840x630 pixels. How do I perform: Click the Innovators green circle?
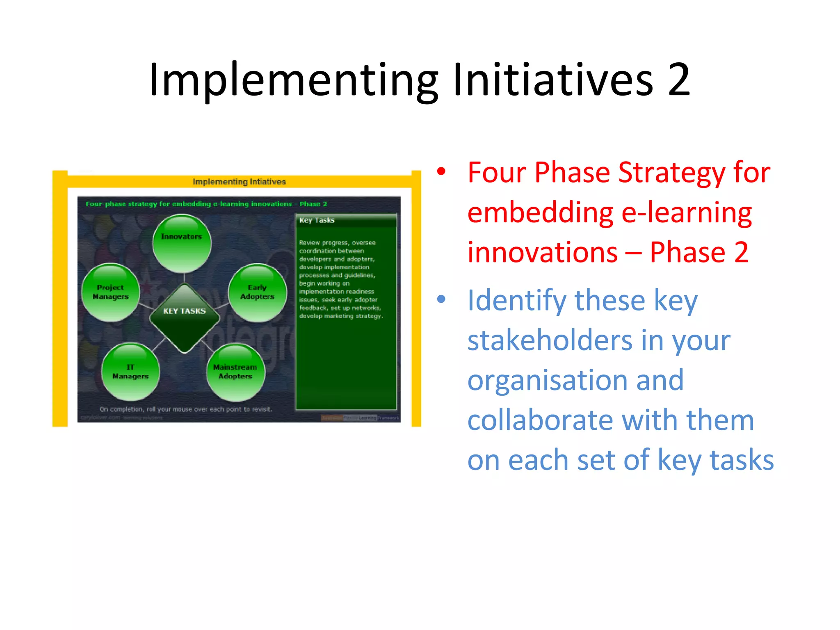pyautogui.click(x=182, y=243)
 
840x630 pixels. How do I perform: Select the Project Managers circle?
pyautogui.click(x=111, y=292)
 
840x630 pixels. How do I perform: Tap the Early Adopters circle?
pyautogui.click(x=257, y=292)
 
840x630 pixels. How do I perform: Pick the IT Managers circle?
pyautogui.click(x=130, y=372)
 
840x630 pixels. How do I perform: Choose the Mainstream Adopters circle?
pyautogui.click(x=235, y=372)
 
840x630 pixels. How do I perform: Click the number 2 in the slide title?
pyautogui.click(x=679, y=80)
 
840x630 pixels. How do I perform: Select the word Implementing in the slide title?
pyautogui.click(x=293, y=80)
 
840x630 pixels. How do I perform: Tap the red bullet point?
pyautogui.click(x=441, y=171)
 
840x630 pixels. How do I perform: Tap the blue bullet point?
pyautogui.click(x=441, y=299)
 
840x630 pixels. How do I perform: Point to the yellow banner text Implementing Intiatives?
pyautogui.click(x=239, y=182)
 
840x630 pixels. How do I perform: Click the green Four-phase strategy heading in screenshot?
pyautogui.click(x=206, y=204)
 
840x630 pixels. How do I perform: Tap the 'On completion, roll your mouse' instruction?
pyautogui.click(x=185, y=409)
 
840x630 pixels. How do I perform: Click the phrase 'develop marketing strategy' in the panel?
pyautogui.click(x=341, y=316)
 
